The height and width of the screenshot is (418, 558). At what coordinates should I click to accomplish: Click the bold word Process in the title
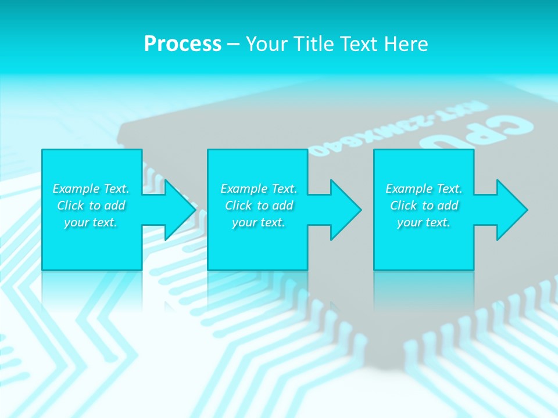coord(183,44)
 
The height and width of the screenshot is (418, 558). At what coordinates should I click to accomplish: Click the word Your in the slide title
coord(267,44)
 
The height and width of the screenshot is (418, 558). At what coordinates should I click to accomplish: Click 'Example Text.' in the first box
coord(91,189)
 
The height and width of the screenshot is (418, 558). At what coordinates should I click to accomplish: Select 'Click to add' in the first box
coord(91,206)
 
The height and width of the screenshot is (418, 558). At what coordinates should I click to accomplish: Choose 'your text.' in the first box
coord(91,222)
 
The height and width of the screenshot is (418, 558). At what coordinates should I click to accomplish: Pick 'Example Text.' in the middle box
coord(259,189)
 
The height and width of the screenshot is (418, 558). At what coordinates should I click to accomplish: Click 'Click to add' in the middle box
coord(259,206)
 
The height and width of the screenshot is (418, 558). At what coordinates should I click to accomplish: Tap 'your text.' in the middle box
coord(259,222)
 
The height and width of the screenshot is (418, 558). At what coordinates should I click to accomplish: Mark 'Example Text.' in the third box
coord(424,189)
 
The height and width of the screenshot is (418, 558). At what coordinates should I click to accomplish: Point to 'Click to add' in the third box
coord(424,206)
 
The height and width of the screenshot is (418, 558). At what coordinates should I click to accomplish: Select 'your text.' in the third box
coord(424,222)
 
